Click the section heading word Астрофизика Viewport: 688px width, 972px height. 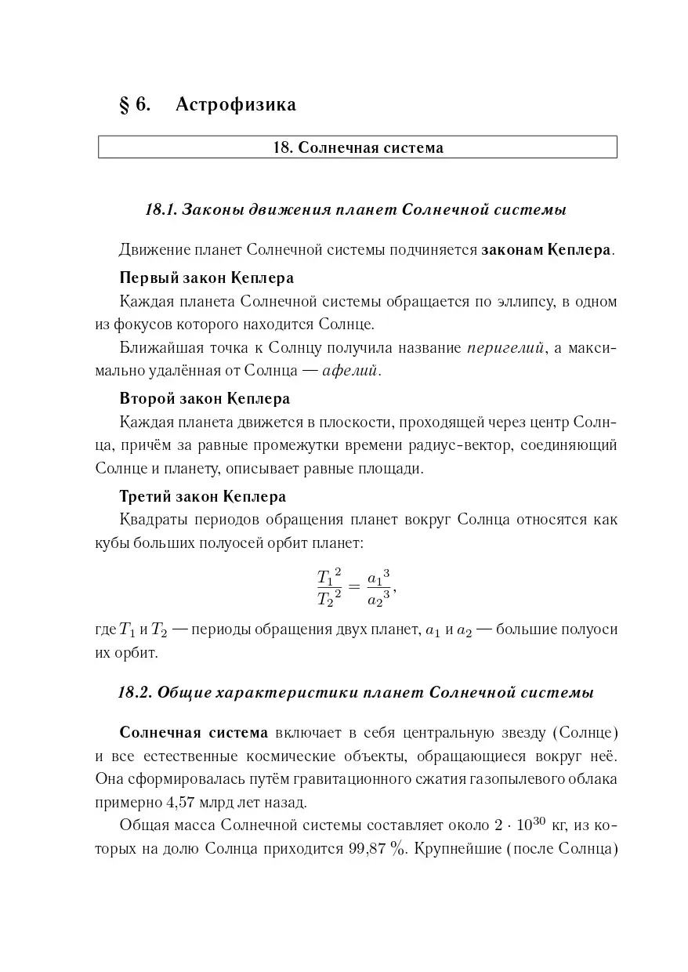click(x=236, y=104)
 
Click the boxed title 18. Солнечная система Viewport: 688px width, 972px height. click(x=357, y=147)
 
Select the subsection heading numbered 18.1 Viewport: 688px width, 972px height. click(x=357, y=210)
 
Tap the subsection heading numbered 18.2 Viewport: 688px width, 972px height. click(x=356, y=693)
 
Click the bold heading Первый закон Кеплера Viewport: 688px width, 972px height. click(x=207, y=277)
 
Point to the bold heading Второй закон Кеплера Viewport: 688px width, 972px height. click(x=205, y=398)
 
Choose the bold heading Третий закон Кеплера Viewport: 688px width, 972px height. click(x=202, y=496)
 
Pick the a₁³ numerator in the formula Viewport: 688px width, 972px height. click(x=378, y=577)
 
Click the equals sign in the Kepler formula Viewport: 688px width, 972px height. click(x=354, y=589)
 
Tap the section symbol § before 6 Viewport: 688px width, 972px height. click(x=124, y=104)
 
